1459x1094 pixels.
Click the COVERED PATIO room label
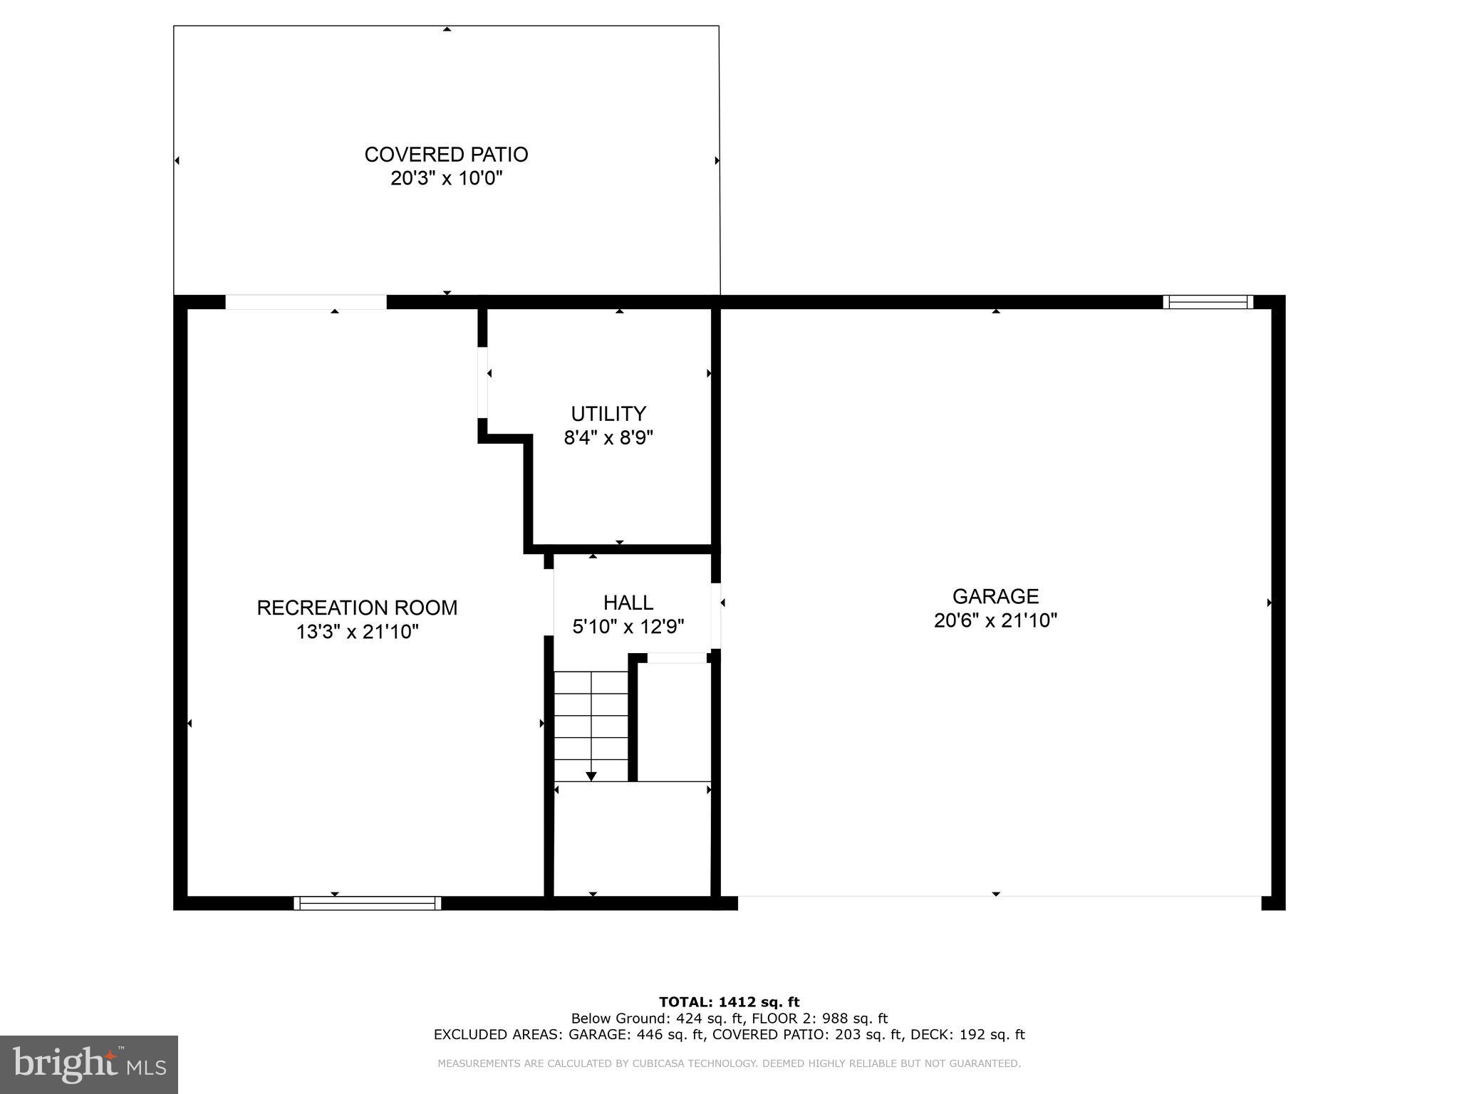click(x=446, y=155)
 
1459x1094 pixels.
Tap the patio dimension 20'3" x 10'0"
click(x=446, y=178)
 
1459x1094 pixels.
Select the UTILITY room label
click(x=608, y=414)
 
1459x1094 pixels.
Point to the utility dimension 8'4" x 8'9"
click(x=608, y=437)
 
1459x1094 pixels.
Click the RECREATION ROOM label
click(x=357, y=608)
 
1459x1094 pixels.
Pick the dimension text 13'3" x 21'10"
click(x=357, y=632)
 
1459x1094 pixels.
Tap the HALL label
click(x=628, y=603)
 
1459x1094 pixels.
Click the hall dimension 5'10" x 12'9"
click(x=628, y=627)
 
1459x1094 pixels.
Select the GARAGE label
click(x=995, y=596)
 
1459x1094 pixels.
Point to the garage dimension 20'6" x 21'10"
click(x=995, y=620)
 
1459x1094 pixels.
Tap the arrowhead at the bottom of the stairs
click(x=591, y=776)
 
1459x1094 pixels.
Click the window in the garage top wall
click(x=1208, y=302)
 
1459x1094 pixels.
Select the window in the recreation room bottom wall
click(x=367, y=903)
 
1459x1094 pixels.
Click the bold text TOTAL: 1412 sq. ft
click(x=729, y=1002)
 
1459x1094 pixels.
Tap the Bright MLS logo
click(x=89, y=1064)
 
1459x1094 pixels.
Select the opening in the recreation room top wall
click(x=306, y=302)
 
